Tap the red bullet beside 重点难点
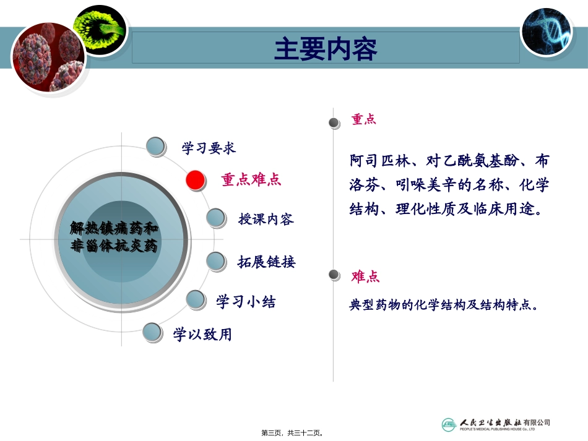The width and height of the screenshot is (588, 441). click(x=196, y=180)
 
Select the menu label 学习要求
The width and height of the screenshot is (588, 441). click(x=209, y=148)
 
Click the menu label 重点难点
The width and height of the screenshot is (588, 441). click(x=251, y=180)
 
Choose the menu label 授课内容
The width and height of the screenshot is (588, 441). click(x=266, y=219)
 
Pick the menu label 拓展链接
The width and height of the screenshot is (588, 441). click(x=267, y=262)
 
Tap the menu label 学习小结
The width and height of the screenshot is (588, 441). click(x=246, y=302)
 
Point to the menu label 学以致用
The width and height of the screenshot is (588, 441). click(x=202, y=335)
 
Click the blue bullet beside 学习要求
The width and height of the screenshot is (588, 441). click(x=156, y=147)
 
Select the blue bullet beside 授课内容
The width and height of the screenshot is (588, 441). click(x=215, y=218)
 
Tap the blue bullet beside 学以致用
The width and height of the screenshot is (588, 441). click(x=152, y=333)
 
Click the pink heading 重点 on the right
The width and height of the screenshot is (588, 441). click(x=364, y=119)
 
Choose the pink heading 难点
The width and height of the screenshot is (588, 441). click(x=365, y=276)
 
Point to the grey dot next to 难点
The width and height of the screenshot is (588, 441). click(x=334, y=275)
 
